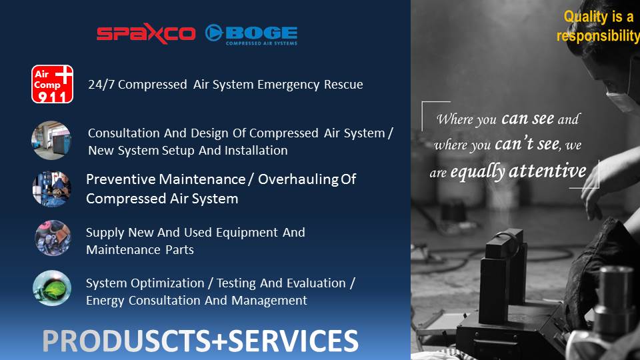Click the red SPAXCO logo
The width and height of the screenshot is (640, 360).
[x=146, y=33]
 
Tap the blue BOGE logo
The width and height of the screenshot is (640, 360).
[x=251, y=34]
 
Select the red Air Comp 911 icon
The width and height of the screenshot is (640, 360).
[x=52, y=84]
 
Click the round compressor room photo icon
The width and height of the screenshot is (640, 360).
[x=51, y=141]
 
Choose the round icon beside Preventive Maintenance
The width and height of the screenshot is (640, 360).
[x=52, y=189]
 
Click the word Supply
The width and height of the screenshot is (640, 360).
[x=105, y=233]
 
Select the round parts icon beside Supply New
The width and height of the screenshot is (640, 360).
[x=53, y=238]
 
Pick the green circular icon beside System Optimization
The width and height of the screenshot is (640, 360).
[x=52, y=288]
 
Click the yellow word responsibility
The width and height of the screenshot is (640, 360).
[x=598, y=36]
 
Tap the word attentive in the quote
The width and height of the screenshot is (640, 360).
[x=548, y=171]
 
